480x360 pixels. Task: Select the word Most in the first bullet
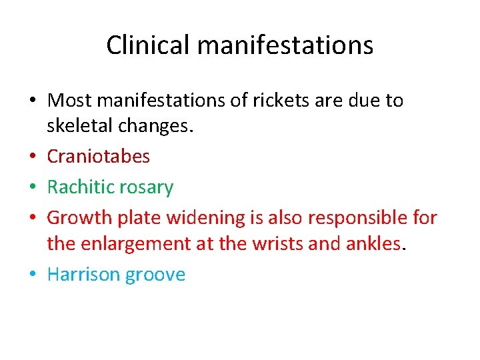(x=68, y=101)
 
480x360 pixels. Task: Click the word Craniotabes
(x=99, y=157)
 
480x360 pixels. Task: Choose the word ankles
(x=374, y=244)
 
